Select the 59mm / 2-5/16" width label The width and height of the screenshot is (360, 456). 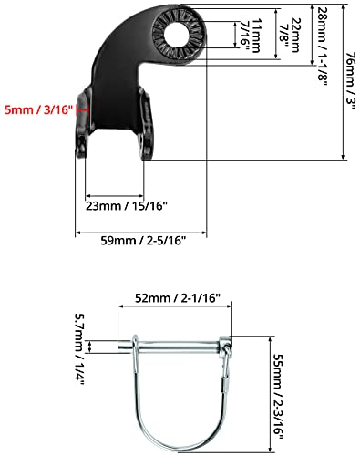point(139,242)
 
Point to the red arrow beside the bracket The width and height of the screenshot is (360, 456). point(83,109)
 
